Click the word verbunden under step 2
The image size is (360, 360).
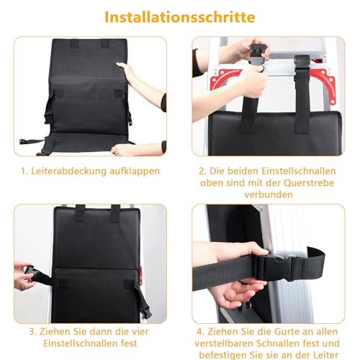268,194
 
